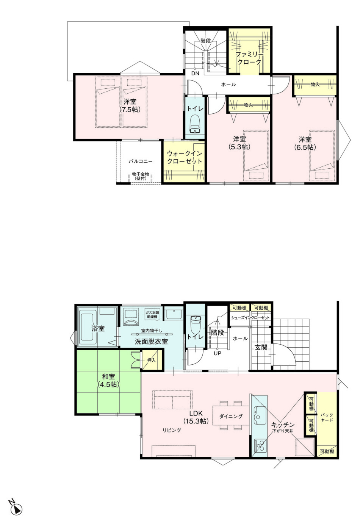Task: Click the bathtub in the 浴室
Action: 86,329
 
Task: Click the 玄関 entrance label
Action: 261,347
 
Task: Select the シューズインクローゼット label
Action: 250,318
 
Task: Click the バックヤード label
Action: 327,418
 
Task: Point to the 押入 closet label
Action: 151,360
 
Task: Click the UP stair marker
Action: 218,353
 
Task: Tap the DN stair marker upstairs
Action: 196,74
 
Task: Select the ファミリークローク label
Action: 250,58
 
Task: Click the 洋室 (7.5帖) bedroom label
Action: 130,105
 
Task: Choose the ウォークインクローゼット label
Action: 185,157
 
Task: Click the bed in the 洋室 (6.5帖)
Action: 322,155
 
